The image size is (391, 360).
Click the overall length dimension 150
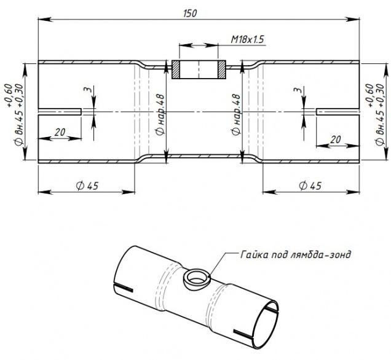(190, 13)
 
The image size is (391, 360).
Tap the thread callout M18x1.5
(247, 39)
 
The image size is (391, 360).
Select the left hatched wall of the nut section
(176, 70)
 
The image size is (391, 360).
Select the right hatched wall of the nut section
(222, 70)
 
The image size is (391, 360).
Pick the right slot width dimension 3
(297, 90)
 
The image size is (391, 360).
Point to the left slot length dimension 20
(60, 132)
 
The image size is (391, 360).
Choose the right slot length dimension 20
(336, 139)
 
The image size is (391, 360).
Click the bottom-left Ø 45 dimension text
(87, 186)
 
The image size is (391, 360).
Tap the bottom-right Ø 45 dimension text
(310, 186)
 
